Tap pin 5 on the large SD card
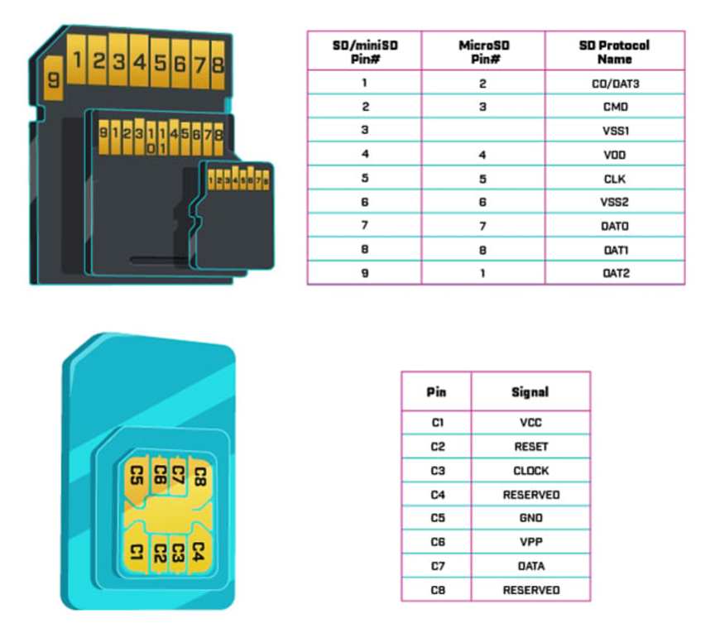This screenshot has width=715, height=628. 160,62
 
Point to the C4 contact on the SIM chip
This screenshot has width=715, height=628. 198,549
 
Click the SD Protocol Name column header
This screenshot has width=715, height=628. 614,51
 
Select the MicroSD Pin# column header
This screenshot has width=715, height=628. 482,51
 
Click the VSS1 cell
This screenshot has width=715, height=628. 614,131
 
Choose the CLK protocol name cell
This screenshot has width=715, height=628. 614,178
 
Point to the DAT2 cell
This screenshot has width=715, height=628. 614,272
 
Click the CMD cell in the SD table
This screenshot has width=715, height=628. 614,107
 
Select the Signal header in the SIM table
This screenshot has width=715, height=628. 530,391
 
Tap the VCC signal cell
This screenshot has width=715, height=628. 530,423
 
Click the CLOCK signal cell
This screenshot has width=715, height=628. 530,471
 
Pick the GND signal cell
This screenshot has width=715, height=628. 530,518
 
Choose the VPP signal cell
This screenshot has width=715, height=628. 530,542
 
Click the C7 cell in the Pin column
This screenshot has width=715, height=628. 437,566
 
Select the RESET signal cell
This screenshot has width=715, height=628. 530,447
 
